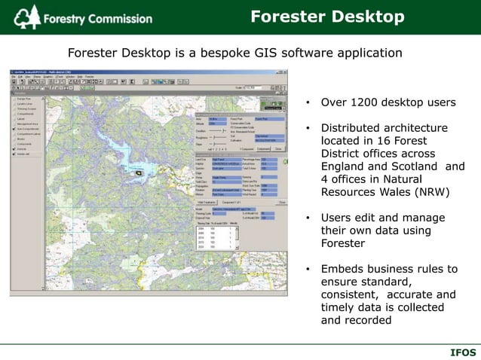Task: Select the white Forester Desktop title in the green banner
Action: tap(327, 17)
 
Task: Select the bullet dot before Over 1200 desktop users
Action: tap(308, 102)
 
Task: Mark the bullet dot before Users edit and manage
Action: tap(308, 218)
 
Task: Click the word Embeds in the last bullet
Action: tap(342, 269)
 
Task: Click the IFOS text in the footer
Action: tap(462, 352)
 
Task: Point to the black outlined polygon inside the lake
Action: tap(137, 172)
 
